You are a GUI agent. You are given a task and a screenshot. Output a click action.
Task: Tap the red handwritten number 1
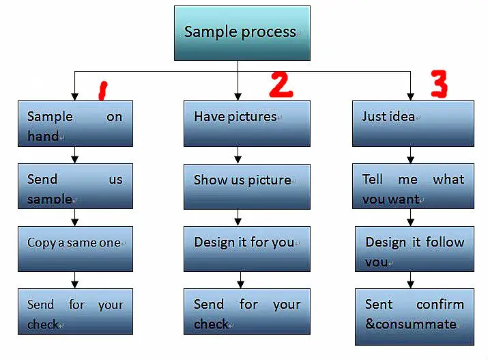click(102, 90)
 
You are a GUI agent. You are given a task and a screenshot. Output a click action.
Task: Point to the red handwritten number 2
click(280, 84)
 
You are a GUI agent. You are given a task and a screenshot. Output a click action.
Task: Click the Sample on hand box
click(75, 124)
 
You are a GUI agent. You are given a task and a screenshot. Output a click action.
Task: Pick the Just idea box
click(412, 124)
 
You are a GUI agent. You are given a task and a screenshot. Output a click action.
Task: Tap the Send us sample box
click(75, 186)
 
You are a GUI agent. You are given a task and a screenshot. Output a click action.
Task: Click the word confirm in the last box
click(440, 305)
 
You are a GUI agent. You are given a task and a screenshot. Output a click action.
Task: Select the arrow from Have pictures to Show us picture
click(238, 155)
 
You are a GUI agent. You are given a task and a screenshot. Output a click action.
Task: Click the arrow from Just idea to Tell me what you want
click(411, 155)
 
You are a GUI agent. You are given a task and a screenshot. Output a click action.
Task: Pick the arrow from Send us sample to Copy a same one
click(75, 217)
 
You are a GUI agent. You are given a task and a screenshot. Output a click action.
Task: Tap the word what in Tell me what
click(448, 180)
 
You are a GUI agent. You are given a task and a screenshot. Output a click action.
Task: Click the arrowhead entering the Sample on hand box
click(74, 96)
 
